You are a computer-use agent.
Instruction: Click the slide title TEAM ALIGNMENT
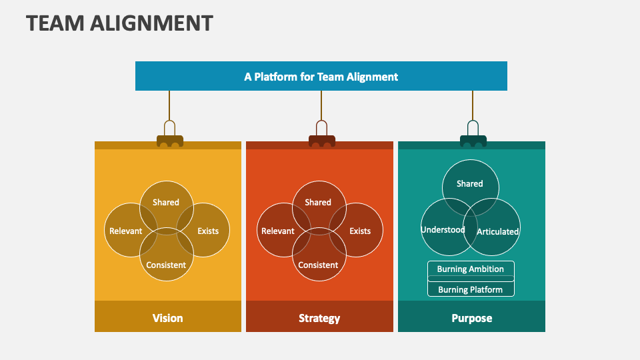click(x=120, y=23)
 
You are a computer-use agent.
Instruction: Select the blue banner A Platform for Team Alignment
click(x=321, y=76)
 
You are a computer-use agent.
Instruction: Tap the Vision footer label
click(x=167, y=318)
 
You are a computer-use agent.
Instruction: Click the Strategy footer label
click(x=319, y=318)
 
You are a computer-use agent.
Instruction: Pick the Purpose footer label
click(x=471, y=318)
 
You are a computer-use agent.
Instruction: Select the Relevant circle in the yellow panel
click(x=125, y=231)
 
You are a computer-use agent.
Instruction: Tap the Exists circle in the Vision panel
click(x=208, y=231)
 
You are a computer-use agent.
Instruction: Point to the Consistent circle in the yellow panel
click(x=166, y=265)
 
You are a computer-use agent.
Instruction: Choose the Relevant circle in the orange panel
click(x=277, y=231)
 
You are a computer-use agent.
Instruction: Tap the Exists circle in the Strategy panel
click(x=360, y=231)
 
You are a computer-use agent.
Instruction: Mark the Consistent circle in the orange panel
click(x=318, y=265)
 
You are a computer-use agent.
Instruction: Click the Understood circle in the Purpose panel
click(x=442, y=230)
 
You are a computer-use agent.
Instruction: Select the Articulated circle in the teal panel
click(x=498, y=231)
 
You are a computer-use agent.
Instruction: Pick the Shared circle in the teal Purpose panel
click(x=470, y=183)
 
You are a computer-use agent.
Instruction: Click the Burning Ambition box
click(x=471, y=269)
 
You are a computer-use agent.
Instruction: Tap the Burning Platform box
click(x=471, y=289)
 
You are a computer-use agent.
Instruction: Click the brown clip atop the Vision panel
click(x=169, y=139)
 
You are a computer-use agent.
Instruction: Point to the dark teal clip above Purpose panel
click(x=473, y=139)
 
